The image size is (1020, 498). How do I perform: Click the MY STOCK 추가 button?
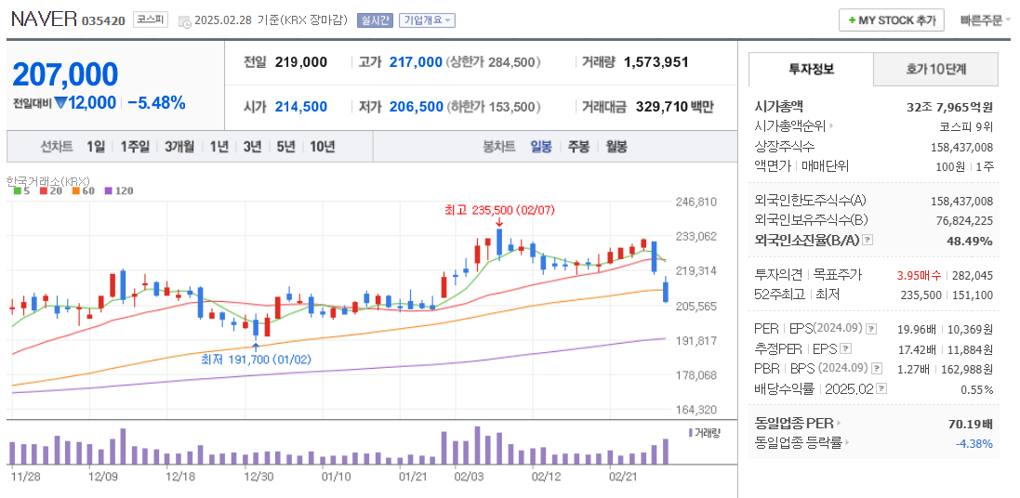pos(891,20)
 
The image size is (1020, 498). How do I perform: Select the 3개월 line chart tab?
pos(179,146)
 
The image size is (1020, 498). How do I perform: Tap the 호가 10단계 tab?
pos(935,69)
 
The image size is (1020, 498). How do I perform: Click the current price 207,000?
pos(65,74)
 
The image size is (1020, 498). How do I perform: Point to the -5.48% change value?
pos(156,102)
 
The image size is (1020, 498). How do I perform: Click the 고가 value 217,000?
pos(416,61)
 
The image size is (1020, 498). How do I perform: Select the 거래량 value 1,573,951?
pos(656,61)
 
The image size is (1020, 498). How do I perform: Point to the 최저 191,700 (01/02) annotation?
pos(256,359)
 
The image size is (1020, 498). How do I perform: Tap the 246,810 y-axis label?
pos(695,201)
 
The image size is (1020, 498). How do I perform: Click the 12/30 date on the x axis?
pos(258,477)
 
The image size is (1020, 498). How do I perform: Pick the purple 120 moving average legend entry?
pos(118,190)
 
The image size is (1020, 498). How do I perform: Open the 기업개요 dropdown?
pos(427,20)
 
